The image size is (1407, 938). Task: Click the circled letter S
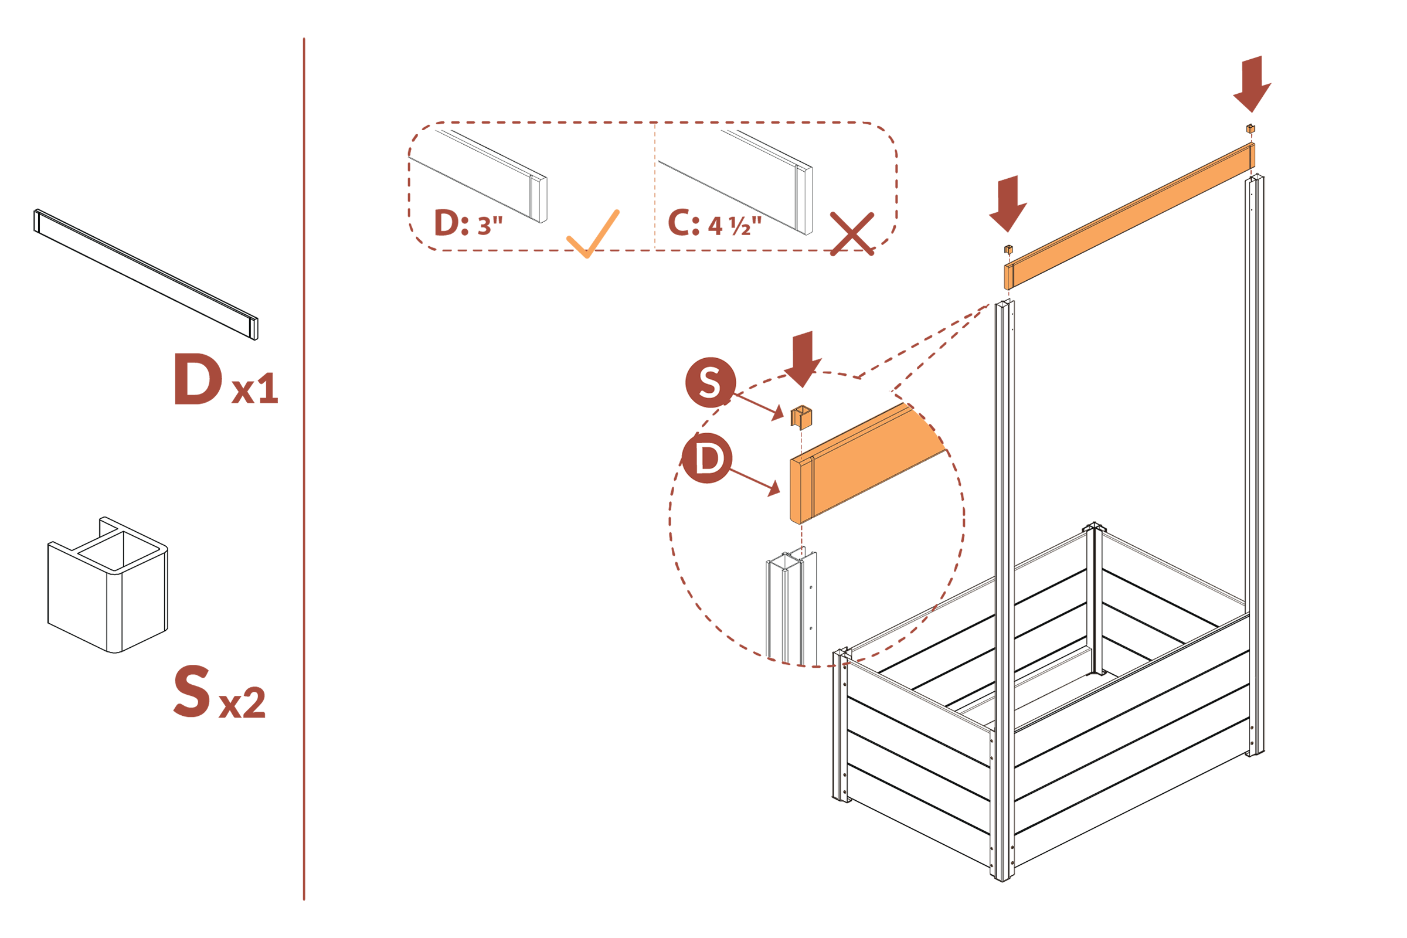(709, 382)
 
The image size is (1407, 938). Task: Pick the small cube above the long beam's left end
(1008, 247)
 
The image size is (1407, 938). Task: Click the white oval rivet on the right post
(1253, 677)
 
